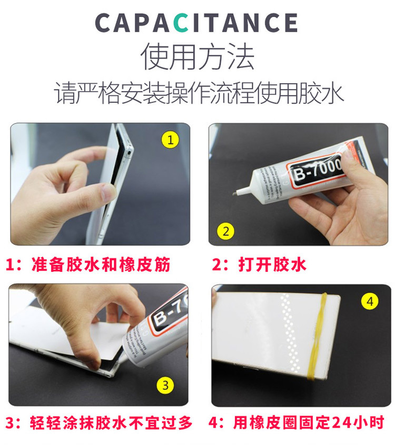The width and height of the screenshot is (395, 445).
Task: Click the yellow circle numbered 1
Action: [170, 140]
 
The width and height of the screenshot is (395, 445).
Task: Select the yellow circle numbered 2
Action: [226, 230]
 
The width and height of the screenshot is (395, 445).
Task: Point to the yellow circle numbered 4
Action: [370, 302]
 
